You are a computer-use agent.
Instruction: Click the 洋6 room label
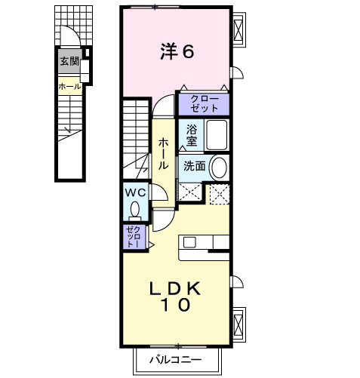coord(177,51)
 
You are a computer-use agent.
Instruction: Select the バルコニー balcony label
coord(175,360)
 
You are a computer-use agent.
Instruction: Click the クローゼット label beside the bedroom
coord(204,103)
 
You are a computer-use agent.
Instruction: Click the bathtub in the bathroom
coord(217,136)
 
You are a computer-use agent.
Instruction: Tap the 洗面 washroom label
coord(194,166)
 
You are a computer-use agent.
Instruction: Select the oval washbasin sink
coord(219,166)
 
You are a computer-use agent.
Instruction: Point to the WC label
coord(137,192)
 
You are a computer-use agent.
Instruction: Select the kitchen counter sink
coord(189,242)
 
